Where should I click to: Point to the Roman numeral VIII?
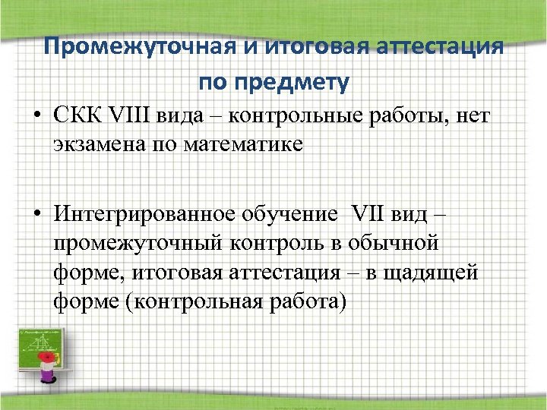pos(132,116)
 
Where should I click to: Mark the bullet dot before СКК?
pos(38,118)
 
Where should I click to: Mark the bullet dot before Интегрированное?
pos(38,216)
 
